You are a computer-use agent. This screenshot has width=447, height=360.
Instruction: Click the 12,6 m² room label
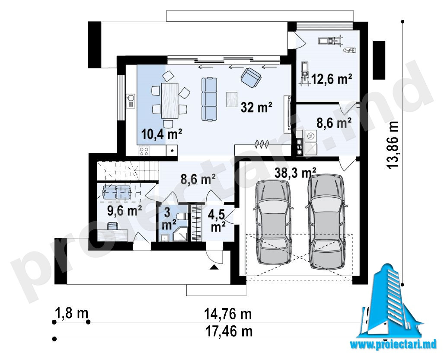[x=332, y=79]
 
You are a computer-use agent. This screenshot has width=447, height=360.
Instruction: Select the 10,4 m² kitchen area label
[x=161, y=134]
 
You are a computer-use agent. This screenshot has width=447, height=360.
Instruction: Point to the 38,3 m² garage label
[x=295, y=172]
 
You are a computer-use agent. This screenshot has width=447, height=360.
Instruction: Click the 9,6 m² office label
[x=125, y=211]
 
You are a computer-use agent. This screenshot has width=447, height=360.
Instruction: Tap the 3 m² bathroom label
[x=168, y=219]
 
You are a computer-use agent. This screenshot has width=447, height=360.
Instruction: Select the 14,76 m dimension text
[x=228, y=315]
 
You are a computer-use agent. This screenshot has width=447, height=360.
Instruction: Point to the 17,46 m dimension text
[x=229, y=331]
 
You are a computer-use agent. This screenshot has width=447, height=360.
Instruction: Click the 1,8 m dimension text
[x=71, y=313]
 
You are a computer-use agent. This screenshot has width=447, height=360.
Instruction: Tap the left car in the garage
[x=273, y=222]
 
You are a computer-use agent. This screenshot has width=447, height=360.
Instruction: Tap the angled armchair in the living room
[x=251, y=77]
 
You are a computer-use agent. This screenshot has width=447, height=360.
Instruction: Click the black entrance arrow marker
[x=214, y=267]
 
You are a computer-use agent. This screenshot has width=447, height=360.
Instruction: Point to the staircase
[x=128, y=170]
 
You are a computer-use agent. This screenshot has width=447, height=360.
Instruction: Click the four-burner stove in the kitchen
[x=144, y=151]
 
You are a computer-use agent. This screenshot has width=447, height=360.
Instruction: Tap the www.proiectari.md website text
[x=393, y=344]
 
